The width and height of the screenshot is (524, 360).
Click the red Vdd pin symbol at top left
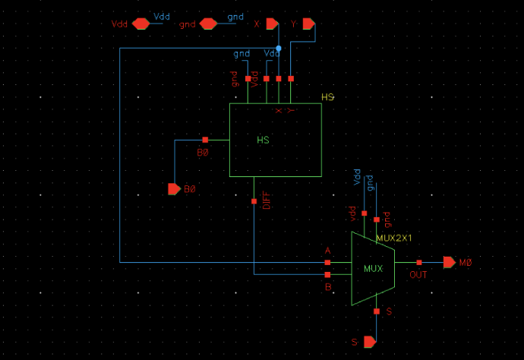(140, 24)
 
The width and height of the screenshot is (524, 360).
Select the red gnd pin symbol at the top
(208, 24)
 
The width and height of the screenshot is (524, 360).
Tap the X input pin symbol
(272, 24)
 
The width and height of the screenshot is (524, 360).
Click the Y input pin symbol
(308, 24)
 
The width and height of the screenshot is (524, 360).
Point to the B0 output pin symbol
(174, 188)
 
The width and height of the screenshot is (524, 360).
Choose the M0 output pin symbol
(450, 262)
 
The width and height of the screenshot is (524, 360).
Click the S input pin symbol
(369, 342)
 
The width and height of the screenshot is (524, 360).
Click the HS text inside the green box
(263, 141)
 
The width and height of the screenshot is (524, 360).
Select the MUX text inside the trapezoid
(373, 269)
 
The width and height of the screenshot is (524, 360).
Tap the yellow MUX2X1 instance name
(393, 238)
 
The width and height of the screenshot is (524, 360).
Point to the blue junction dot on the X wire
(279, 48)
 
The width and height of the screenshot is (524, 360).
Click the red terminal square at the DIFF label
(254, 201)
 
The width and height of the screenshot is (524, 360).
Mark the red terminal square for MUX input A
(327, 262)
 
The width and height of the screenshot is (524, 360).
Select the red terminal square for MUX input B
(327, 274)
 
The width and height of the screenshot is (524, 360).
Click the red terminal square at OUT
(418, 262)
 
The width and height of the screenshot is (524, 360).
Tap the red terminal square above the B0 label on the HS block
(205, 140)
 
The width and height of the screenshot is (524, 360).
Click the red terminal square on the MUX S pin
(377, 311)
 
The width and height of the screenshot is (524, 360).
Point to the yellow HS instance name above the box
(327, 98)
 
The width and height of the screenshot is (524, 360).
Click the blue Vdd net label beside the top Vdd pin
(163, 16)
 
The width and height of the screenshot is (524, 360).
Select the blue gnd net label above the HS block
(241, 54)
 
